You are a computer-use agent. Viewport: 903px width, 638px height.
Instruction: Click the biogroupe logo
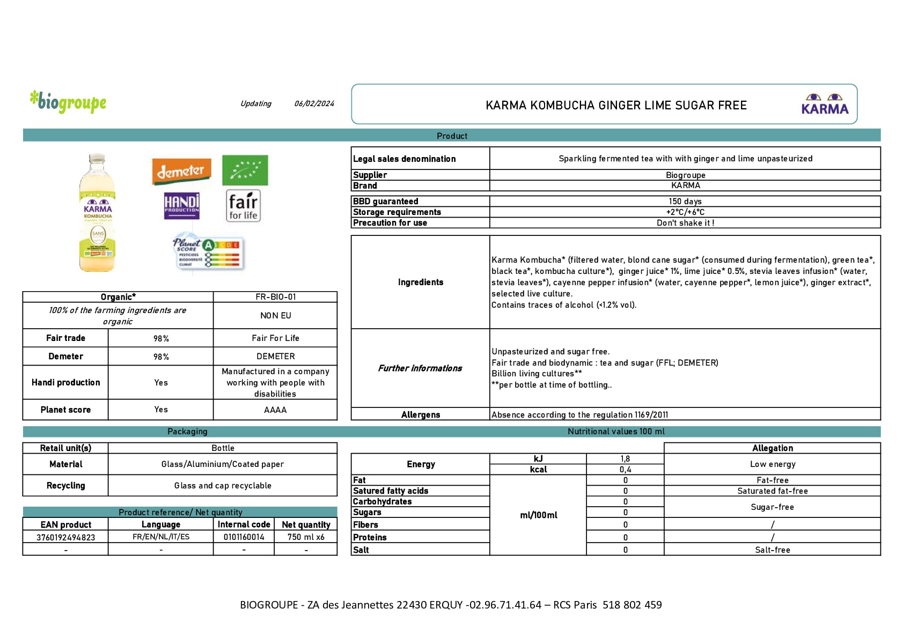pos(68,102)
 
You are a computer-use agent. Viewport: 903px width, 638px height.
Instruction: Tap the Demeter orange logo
pos(181,171)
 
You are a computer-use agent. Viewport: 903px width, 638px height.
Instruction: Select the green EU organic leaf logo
pos(245,170)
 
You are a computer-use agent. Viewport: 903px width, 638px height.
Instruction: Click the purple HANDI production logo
pos(181,206)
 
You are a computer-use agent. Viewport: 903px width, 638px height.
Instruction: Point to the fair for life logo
pos(243,206)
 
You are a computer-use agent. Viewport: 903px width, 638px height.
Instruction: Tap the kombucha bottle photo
pos(97,213)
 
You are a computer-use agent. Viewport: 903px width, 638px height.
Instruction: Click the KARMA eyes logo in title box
pos(824,104)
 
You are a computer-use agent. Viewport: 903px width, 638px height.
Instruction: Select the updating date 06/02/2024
pos(314,103)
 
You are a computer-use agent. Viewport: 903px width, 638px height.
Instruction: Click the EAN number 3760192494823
pos(65,537)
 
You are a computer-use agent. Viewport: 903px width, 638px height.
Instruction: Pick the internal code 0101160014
pos(244,537)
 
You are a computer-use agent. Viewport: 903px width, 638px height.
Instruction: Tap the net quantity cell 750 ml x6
pos(306,537)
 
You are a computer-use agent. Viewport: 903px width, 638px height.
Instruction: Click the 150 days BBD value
pos(685,202)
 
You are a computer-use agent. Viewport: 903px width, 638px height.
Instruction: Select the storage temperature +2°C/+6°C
pos(685,212)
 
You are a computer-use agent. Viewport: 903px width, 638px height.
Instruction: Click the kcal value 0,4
pos(625,470)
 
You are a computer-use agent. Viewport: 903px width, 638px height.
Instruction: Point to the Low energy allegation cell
pos(772,464)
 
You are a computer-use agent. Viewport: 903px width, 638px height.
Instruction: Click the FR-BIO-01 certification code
pos(275,297)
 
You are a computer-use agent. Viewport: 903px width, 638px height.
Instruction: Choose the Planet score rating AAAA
pos(275,410)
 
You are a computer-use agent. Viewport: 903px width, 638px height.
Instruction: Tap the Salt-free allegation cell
pos(772,550)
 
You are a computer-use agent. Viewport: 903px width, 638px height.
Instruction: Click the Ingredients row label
pos(420,282)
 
